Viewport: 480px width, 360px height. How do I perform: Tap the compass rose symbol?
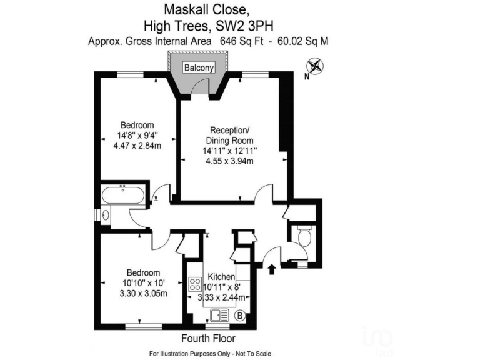coord(316,66)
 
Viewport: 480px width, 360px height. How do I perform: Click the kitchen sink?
coord(220,315)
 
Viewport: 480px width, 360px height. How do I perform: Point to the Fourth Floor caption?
coord(208,339)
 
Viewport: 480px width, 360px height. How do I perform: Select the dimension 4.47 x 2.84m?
coord(137,146)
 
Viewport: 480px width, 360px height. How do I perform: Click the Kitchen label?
coord(221,277)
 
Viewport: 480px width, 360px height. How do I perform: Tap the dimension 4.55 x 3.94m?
coord(229,161)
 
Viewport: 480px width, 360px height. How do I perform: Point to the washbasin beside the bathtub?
coord(105,215)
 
